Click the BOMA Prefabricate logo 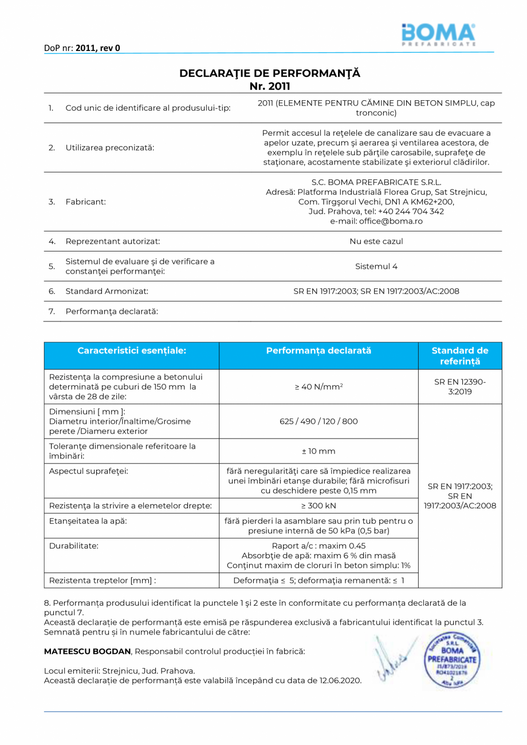pyautogui.click(x=438, y=34)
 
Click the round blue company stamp pyautogui.click(x=452, y=655)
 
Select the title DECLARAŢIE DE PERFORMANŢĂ pyautogui.click(x=270, y=73)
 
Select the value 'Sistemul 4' pyautogui.click(x=376, y=266)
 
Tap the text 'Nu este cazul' pyautogui.click(x=376, y=241)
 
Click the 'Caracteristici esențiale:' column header pyautogui.click(x=132, y=351)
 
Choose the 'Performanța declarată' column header pyautogui.click(x=318, y=351)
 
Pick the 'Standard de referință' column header pyautogui.click(x=460, y=356)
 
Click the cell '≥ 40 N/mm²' pyautogui.click(x=318, y=387)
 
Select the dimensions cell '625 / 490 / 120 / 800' pyautogui.click(x=318, y=421)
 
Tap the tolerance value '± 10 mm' pyautogui.click(x=318, y=452)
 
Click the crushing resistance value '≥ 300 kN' pyautogui.click(x=318, y=505)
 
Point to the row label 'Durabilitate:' pyautogui.click(x=74, y=546)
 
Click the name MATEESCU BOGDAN pyautogui.click(x=88, y=652)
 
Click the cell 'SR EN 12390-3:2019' pyautogui.click(x=460, y=387)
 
